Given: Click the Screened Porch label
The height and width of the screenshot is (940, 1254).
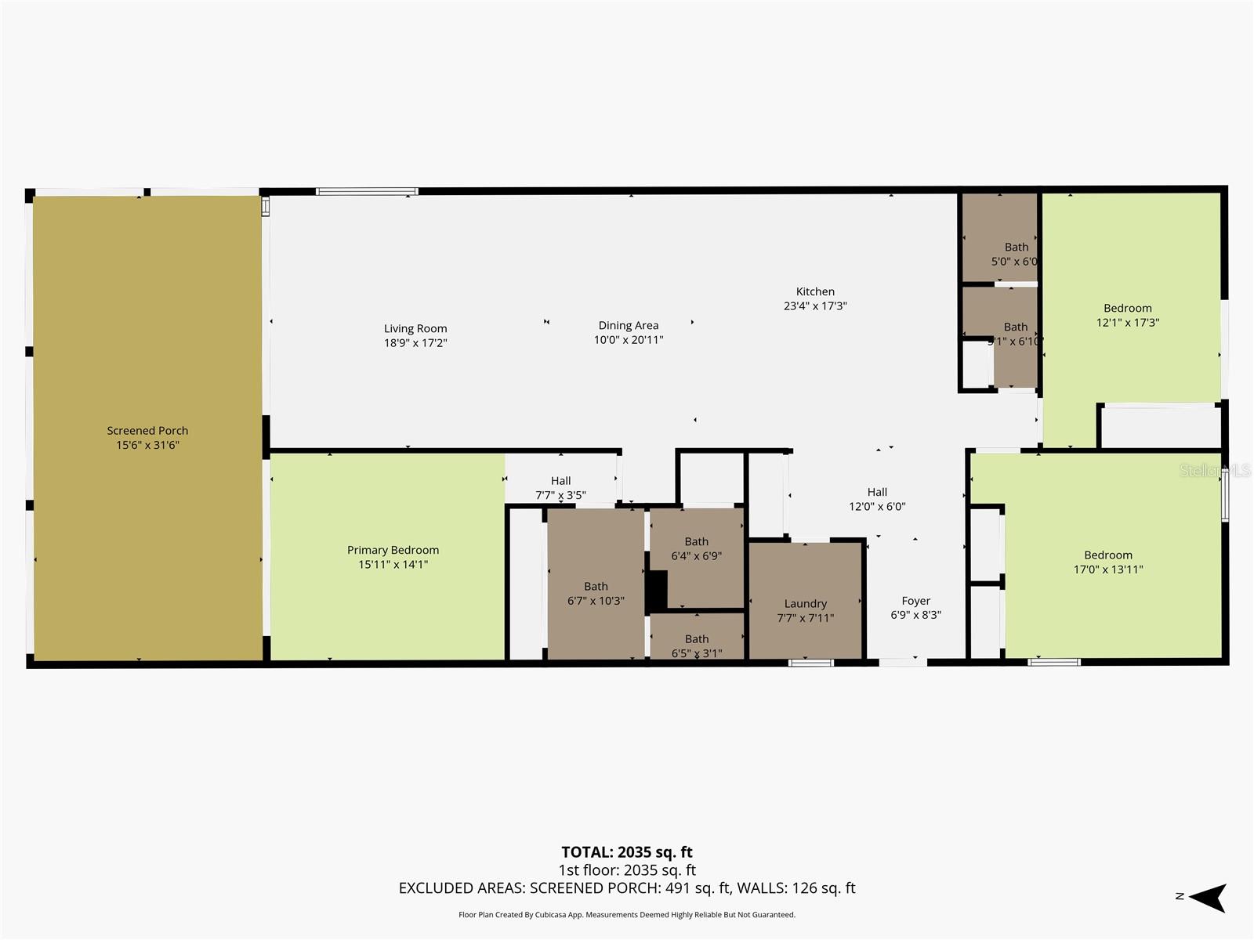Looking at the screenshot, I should tap(147, 431).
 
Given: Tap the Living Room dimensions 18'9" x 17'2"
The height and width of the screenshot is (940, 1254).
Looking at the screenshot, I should tap(415, 343).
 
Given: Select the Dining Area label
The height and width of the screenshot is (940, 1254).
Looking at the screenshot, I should tap(628, 325).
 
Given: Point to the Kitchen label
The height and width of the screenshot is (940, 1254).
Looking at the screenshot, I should tap(815, 291).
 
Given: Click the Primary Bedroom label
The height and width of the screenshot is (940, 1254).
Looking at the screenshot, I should tap(393, 550).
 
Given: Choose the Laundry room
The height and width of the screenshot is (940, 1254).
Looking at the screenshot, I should tap(806, 603).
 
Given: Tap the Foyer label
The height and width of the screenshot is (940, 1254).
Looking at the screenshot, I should tap(915, 601).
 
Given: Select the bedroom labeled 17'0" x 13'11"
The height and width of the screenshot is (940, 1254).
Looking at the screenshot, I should tap(1108, 562).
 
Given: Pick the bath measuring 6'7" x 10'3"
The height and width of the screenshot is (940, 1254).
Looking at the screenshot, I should tap(596, 593).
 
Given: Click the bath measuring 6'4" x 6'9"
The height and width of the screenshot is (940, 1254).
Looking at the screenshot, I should tap(696, 548).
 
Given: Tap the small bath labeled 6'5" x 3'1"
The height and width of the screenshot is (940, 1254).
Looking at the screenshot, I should tap(697, 645).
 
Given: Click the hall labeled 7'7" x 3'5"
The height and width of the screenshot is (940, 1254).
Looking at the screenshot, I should tap(560, 487).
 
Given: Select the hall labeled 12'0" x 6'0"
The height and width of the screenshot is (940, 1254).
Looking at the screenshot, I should tap(877, 499).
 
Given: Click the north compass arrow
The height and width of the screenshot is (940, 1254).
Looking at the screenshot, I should tap(1208, 898).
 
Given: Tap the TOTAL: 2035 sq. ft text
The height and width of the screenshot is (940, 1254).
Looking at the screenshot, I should tap(627, 852).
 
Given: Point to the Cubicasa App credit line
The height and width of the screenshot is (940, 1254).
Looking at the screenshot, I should tap(627, 915).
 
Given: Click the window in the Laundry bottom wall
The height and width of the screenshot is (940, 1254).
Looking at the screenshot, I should tap(810, 663).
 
